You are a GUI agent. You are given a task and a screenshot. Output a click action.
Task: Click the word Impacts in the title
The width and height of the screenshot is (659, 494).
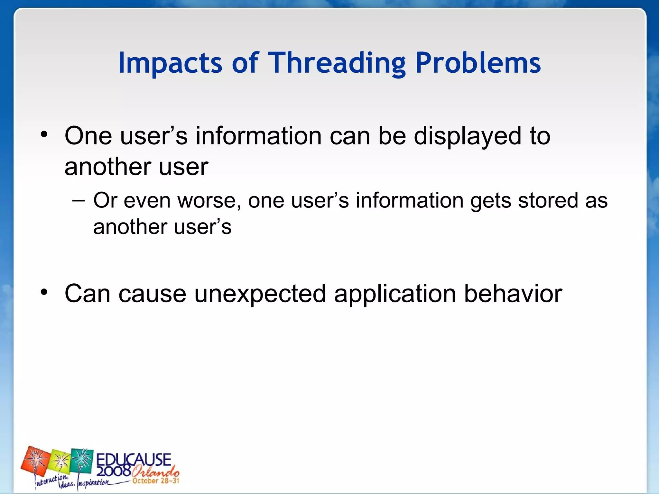(x=170, y=63)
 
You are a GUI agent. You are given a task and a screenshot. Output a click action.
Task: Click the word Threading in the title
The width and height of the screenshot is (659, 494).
(x=337, y=63)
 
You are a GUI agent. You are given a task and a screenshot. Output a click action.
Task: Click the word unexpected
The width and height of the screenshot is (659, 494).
(x=260, y=294)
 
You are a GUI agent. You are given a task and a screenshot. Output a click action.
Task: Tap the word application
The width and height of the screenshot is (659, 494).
(x=395, y=294)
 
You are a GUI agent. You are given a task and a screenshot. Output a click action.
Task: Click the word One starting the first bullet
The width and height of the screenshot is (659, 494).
(x=88, y=136)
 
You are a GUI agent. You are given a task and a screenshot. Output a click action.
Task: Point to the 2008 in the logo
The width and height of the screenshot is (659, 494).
(x=113, y=471)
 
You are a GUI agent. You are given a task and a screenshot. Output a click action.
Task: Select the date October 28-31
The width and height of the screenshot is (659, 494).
(x=156, y=481)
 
